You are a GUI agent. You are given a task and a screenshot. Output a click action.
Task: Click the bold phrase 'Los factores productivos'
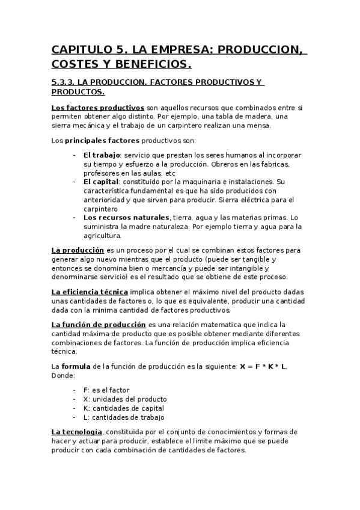(x=97, y=107)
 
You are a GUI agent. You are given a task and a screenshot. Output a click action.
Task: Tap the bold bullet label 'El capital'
(x=100, y=181)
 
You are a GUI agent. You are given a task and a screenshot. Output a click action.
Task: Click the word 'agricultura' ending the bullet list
(x=102, y=236)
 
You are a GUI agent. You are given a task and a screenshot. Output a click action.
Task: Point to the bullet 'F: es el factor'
(x=106, y=390)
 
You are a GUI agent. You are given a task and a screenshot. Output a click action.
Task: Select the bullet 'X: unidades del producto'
(x=125, y=399)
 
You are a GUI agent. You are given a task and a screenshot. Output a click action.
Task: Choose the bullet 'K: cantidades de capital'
(x=124, y=408)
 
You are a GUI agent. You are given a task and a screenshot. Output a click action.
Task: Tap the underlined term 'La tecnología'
(x=77, y=432)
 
